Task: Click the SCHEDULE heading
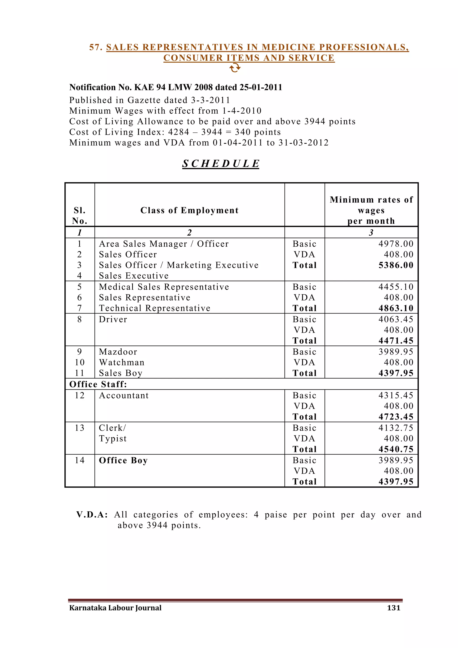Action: [221, 164]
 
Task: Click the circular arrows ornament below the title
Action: [235, 68]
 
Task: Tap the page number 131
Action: [394, 608]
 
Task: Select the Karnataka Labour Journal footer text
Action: [115, 608]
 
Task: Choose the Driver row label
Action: [113, 320]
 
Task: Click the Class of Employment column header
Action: [189, 210]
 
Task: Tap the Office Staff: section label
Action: [98, 384]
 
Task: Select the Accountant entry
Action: [123, 396]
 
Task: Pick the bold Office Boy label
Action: [123, 460]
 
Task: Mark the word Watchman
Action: [122, 362]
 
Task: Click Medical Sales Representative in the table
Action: [164, 287]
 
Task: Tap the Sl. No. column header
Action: [80, 216]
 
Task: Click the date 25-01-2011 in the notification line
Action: [261, 87]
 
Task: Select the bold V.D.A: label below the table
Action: [92, 515]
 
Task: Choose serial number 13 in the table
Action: [80, 428]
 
